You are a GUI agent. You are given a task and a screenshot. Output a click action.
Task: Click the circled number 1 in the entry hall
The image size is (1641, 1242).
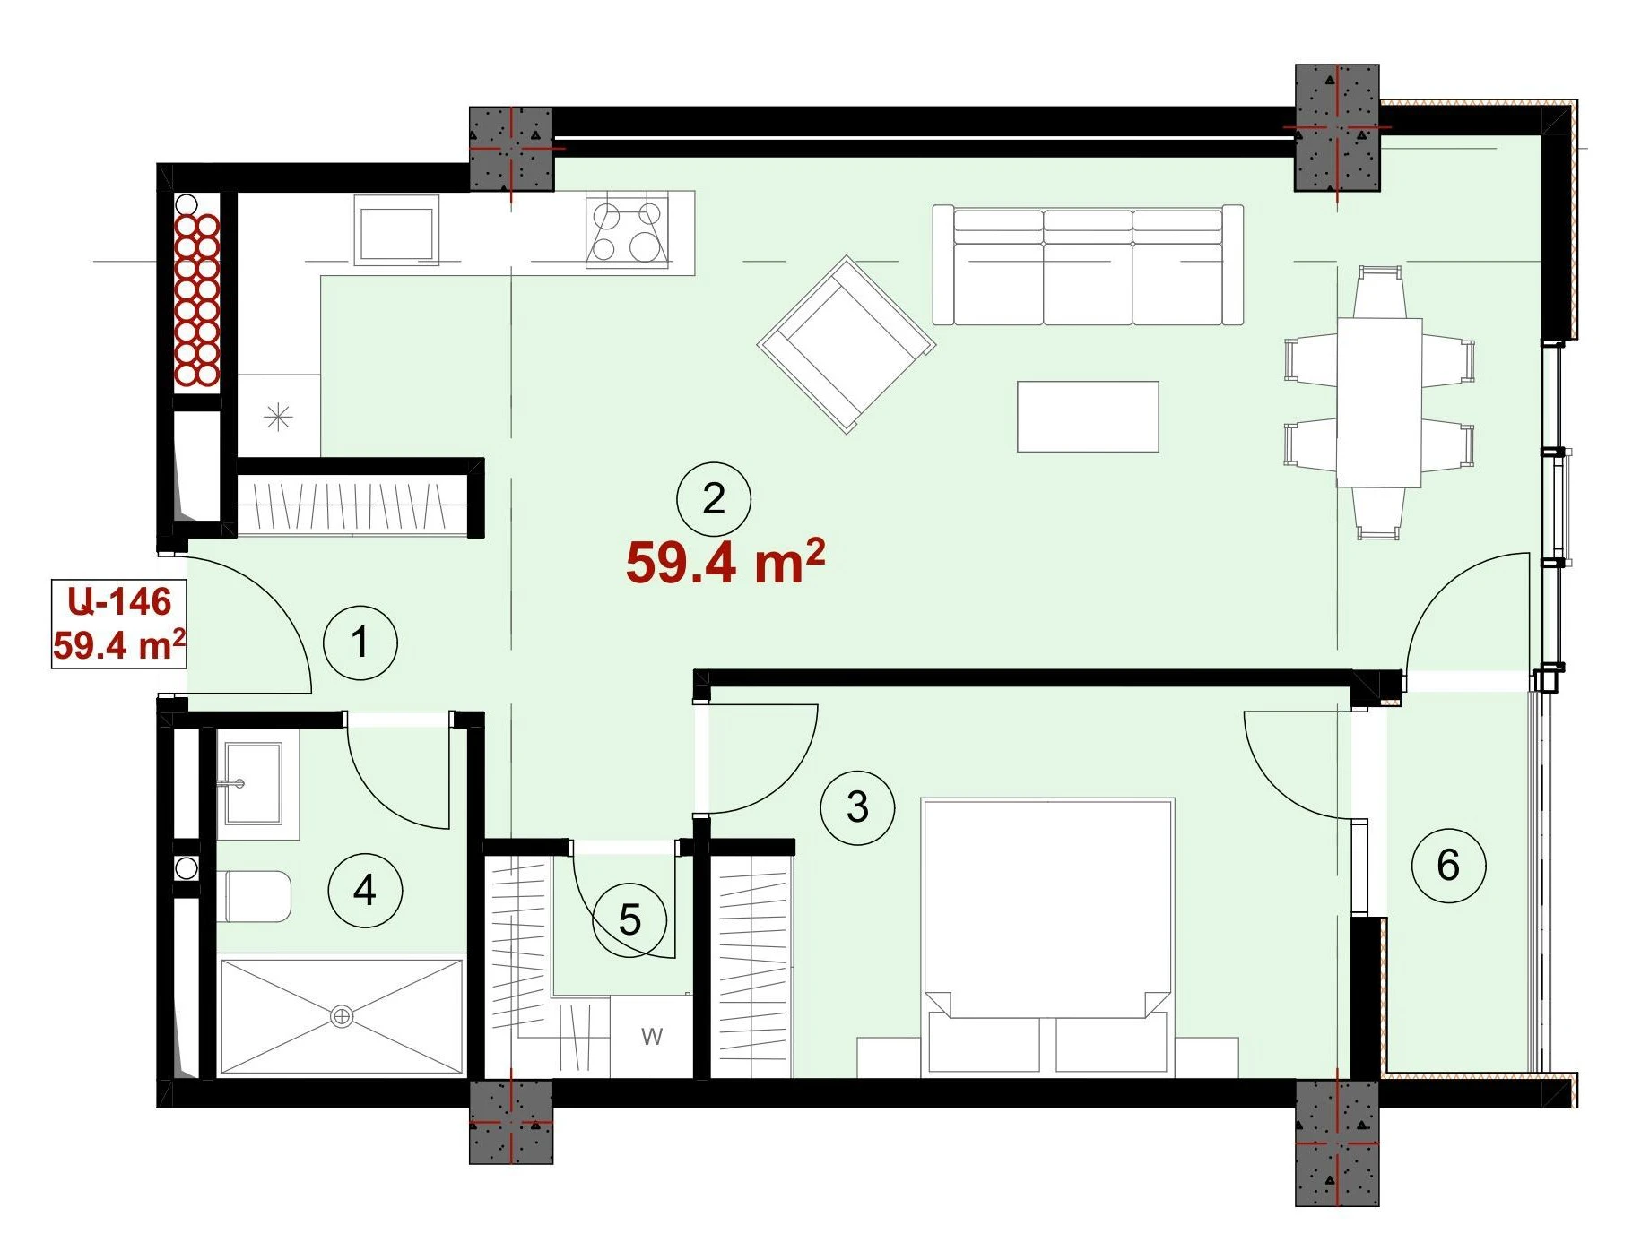click(x=360, y=643)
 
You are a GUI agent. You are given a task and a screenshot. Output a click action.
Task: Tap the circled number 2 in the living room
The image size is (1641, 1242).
click(x=714, y=499)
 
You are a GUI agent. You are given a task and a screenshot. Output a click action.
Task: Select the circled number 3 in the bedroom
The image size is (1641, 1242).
click(x=857, y=807)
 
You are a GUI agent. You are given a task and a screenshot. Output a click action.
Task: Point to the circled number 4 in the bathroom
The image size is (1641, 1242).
click(x=365, y=890)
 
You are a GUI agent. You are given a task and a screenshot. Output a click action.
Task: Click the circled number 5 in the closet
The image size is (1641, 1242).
click(x=629, y=919)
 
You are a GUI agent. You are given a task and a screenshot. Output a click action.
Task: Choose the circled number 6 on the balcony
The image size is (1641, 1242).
click(x=1448, y=865)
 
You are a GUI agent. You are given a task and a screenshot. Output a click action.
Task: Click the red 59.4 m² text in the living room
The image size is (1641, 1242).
click(x=725, y=562)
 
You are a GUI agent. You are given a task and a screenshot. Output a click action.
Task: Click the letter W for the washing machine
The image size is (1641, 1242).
click(x=652, y=1037)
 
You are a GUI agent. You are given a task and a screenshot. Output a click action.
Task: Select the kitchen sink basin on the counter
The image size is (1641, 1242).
click(x=396, y=230)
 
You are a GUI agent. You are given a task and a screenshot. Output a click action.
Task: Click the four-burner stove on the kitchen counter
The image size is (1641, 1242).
click(x=627, y=230)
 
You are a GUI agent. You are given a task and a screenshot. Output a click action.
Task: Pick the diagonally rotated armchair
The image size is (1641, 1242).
click(x=847, y=344)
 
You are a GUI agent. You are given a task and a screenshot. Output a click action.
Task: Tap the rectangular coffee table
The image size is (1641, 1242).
click(x=1088, y=417)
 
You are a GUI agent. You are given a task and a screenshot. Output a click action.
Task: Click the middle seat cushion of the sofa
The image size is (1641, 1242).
click(x=1088, y=267)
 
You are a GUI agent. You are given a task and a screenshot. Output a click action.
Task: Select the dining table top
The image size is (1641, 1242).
click(x=1379, y=402)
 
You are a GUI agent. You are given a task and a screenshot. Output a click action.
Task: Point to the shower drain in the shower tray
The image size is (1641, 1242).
click(x=341, y=1017)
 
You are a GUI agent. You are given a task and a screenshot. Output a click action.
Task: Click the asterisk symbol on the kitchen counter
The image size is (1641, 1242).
click(x=279, y=417)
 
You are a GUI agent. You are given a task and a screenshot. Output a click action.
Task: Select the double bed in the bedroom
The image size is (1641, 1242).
click(x=1047, y=937)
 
